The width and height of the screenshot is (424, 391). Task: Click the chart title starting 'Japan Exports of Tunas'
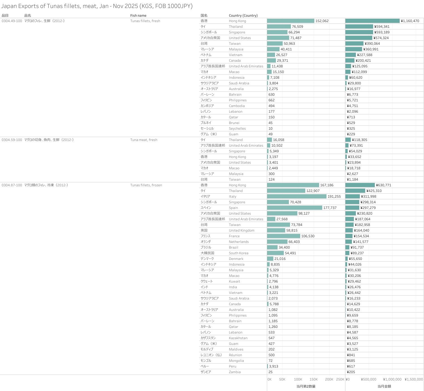click(x=97, y=6)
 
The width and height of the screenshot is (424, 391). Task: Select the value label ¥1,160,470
click(x=410, y=21)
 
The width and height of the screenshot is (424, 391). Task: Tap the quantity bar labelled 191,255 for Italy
click(x=297, y=196)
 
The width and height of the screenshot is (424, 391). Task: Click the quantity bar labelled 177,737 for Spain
click(x=295, y=208)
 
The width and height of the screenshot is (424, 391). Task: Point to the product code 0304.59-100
click(x=12, y=140)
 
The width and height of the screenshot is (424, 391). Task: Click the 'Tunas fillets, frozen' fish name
click(x=146, y=185)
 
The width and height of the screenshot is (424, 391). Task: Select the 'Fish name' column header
click(x=138, y=16)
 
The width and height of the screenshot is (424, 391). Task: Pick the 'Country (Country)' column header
click(x=243, y=16)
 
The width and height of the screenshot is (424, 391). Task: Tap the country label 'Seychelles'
click(x=237, y=129)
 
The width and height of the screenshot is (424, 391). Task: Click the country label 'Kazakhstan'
click(x=238, y=338)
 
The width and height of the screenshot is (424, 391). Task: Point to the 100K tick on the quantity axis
click(x=298, y=379)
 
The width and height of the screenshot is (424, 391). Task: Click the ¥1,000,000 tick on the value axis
click(x=392, y=379)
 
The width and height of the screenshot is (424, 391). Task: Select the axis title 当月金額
click(x=384, y=386)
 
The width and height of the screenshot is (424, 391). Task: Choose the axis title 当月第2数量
click(x=306, y=386)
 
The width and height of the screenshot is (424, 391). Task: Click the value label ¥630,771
click(x=384, y=185)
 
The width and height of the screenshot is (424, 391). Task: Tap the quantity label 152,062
click(x=322, y=21)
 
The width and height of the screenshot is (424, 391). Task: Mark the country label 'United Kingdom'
click(x=241, y=230)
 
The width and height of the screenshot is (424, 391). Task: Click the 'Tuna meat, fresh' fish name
click(x=144, y=140)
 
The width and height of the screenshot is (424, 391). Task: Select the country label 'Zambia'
click(x=235, y=372)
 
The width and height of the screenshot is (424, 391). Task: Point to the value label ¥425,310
click(x=374, y=191)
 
